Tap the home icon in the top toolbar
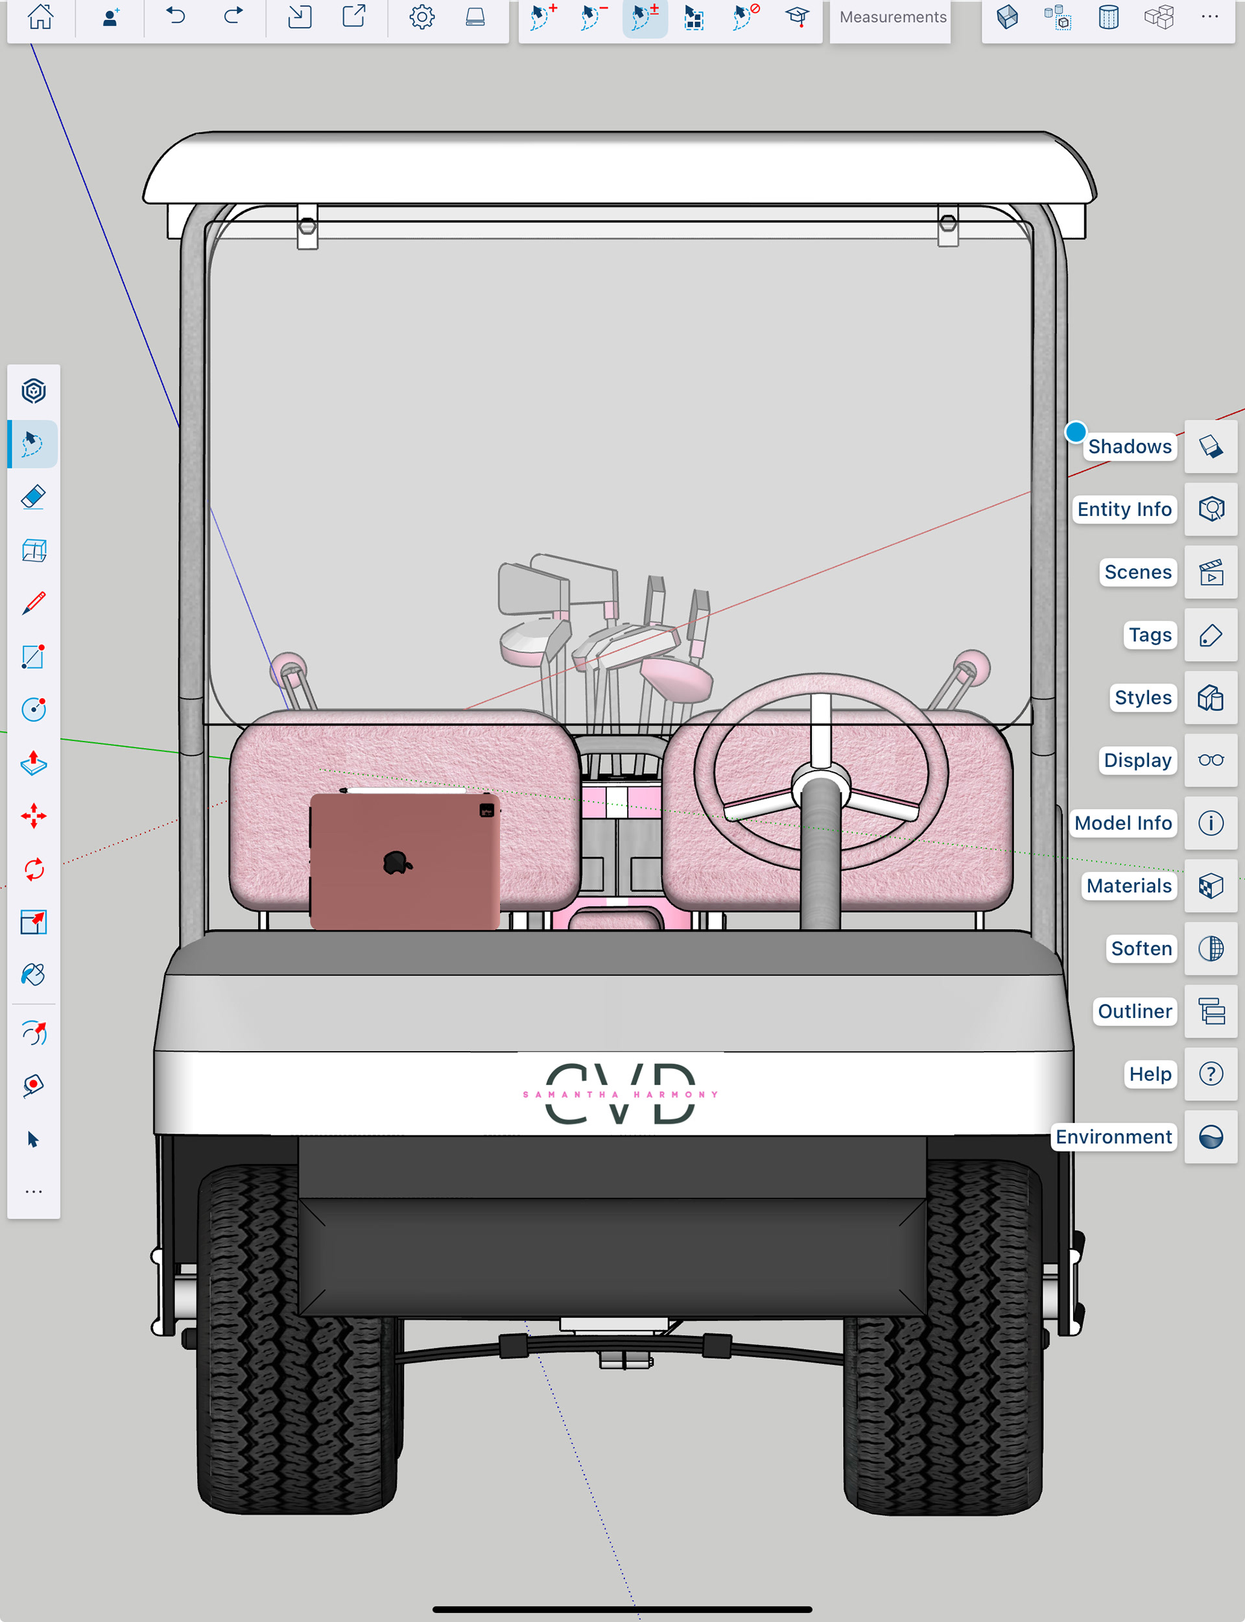pyautogui.click(x=40, y=16)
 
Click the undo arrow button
pyautogui.click(x=176, y=16)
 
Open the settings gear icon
pyautogui.click(x=421, y=16)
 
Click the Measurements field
pyautogui.click(x=892, y=17)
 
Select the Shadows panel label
pyautogui.click(x=1130, y=446)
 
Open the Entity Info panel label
pyautogui.click(x=1124, y=509)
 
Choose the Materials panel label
pyautogui.click(x=1129, y=886)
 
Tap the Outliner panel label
pyautogui.click(x=1135, y=1011)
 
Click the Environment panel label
pyautogui.click(x=1114, y=1137)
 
